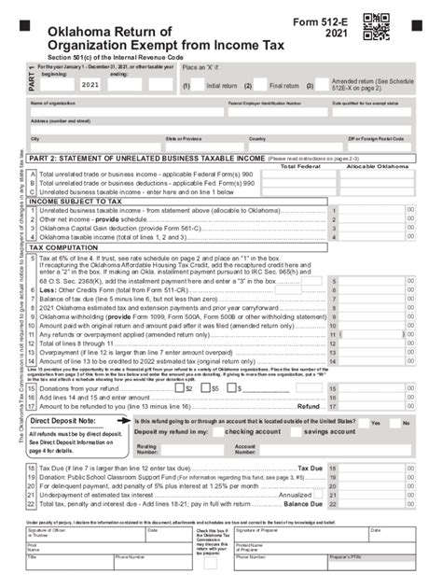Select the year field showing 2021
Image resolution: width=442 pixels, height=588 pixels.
[x=90, y=85]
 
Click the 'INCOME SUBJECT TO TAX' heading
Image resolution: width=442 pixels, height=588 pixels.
[x=76, y=201]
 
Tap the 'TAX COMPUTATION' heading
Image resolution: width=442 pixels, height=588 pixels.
[x=66, y=247]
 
